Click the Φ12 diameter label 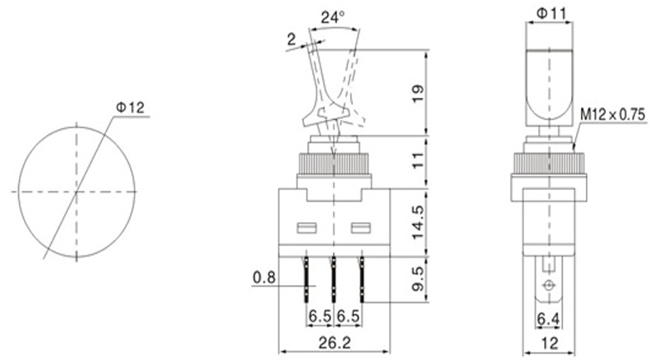click(x=130, y=108)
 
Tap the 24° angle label click(x=333, y=17)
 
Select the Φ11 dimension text click(x=551, y=14)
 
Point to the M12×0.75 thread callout click(x=613, y=115)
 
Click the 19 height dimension click(x=418, y=94)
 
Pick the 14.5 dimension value click(x=418, y=222)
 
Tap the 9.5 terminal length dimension click(x=418, y=279)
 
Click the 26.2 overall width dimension click(x=334, y=343)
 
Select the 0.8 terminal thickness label click(x=264, y=278)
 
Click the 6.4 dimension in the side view click(x=548, y=319)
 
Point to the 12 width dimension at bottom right click(x=550, y=343)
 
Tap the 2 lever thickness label click(x=292, y=39)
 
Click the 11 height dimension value click(x=418, y=160)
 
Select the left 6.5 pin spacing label click(x=320, y=316)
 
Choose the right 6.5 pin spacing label click(x=348, y=316)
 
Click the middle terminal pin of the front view click(x=333, y=279)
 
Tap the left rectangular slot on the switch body click(x=307, y=228)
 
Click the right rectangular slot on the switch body click(x=361, y=228)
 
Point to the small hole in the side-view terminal click(x=549, y=285)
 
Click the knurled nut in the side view click(x=549, y=164)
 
